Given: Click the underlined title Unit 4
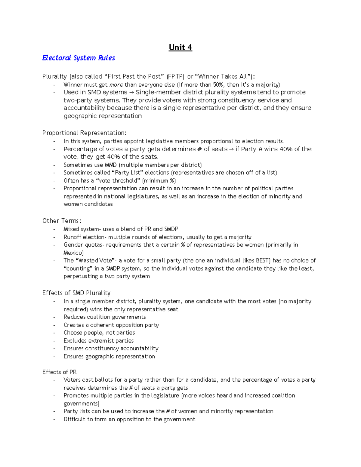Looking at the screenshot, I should pos(180,48).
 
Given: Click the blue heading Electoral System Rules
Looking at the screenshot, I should pos(79,58).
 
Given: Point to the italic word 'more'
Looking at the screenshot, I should pos(116,84).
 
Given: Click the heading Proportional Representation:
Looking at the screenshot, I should pos(85,133).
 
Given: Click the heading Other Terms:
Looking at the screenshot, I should pos(62,221).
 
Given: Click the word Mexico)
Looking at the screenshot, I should pos(73,253).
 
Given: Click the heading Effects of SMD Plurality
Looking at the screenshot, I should pos(76,293).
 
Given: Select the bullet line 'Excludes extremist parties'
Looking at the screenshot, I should pos(98,340).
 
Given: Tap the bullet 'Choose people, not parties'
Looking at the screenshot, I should pos(99,333).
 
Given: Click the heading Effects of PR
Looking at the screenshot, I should pos(60,372).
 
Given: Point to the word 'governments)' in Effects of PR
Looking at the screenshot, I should pos(81,403).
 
